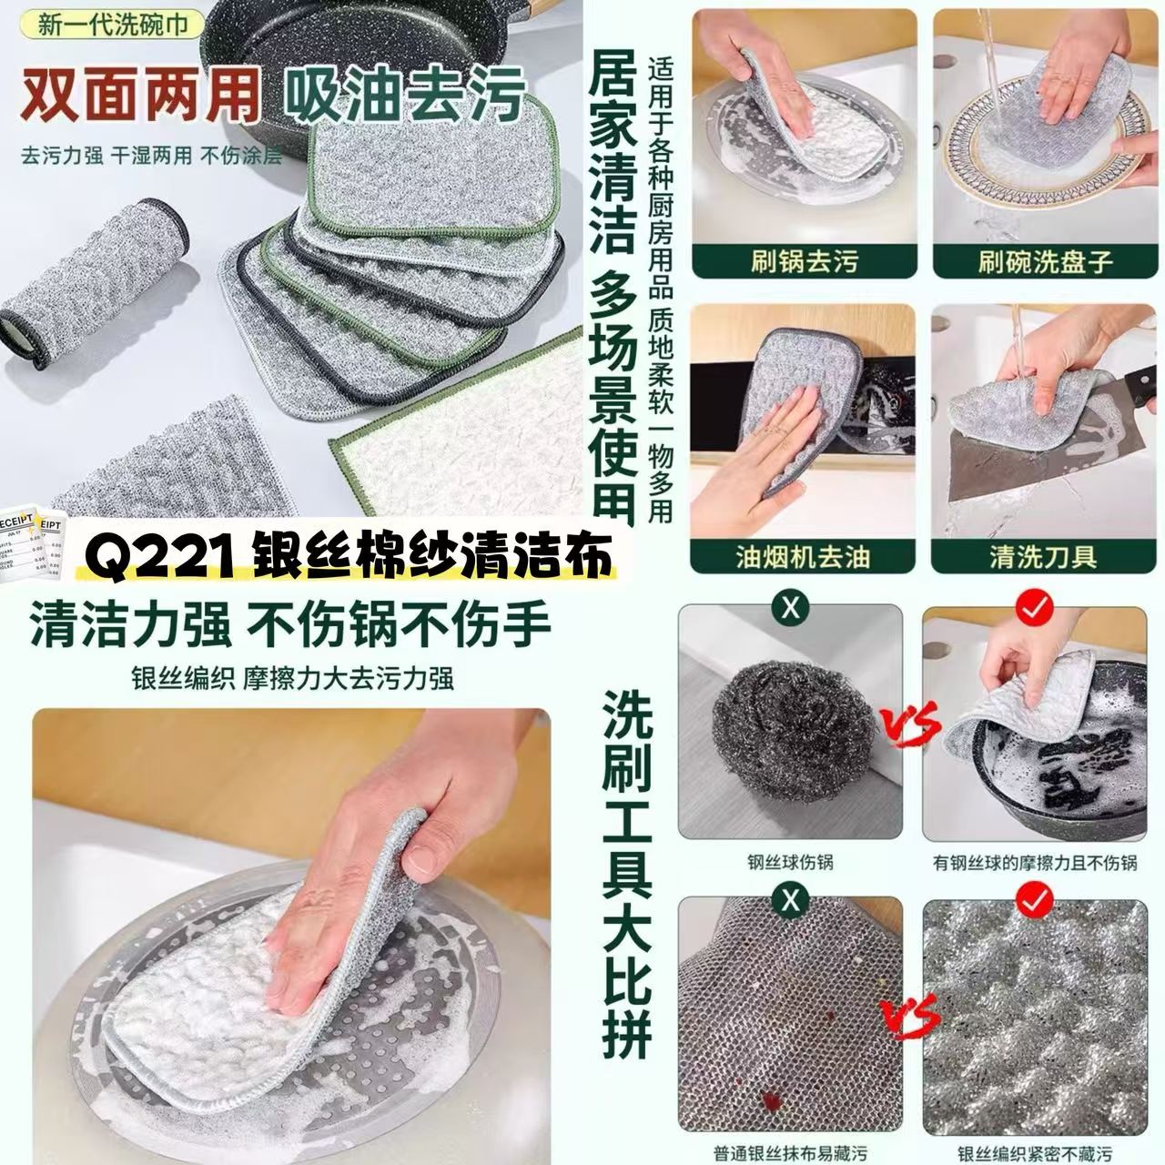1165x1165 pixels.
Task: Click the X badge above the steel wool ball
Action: coord(790,610)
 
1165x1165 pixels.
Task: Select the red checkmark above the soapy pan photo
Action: coord(1035,610)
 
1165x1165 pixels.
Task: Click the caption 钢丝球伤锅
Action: coord(790,863)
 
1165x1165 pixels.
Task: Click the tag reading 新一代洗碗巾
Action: coord(113,25)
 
